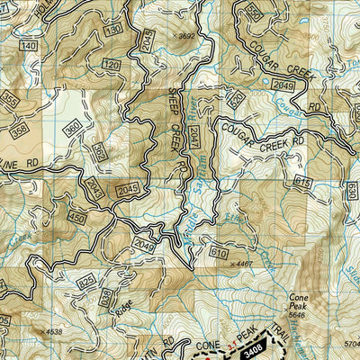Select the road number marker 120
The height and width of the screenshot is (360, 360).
111,66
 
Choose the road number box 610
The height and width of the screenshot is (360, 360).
218,255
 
